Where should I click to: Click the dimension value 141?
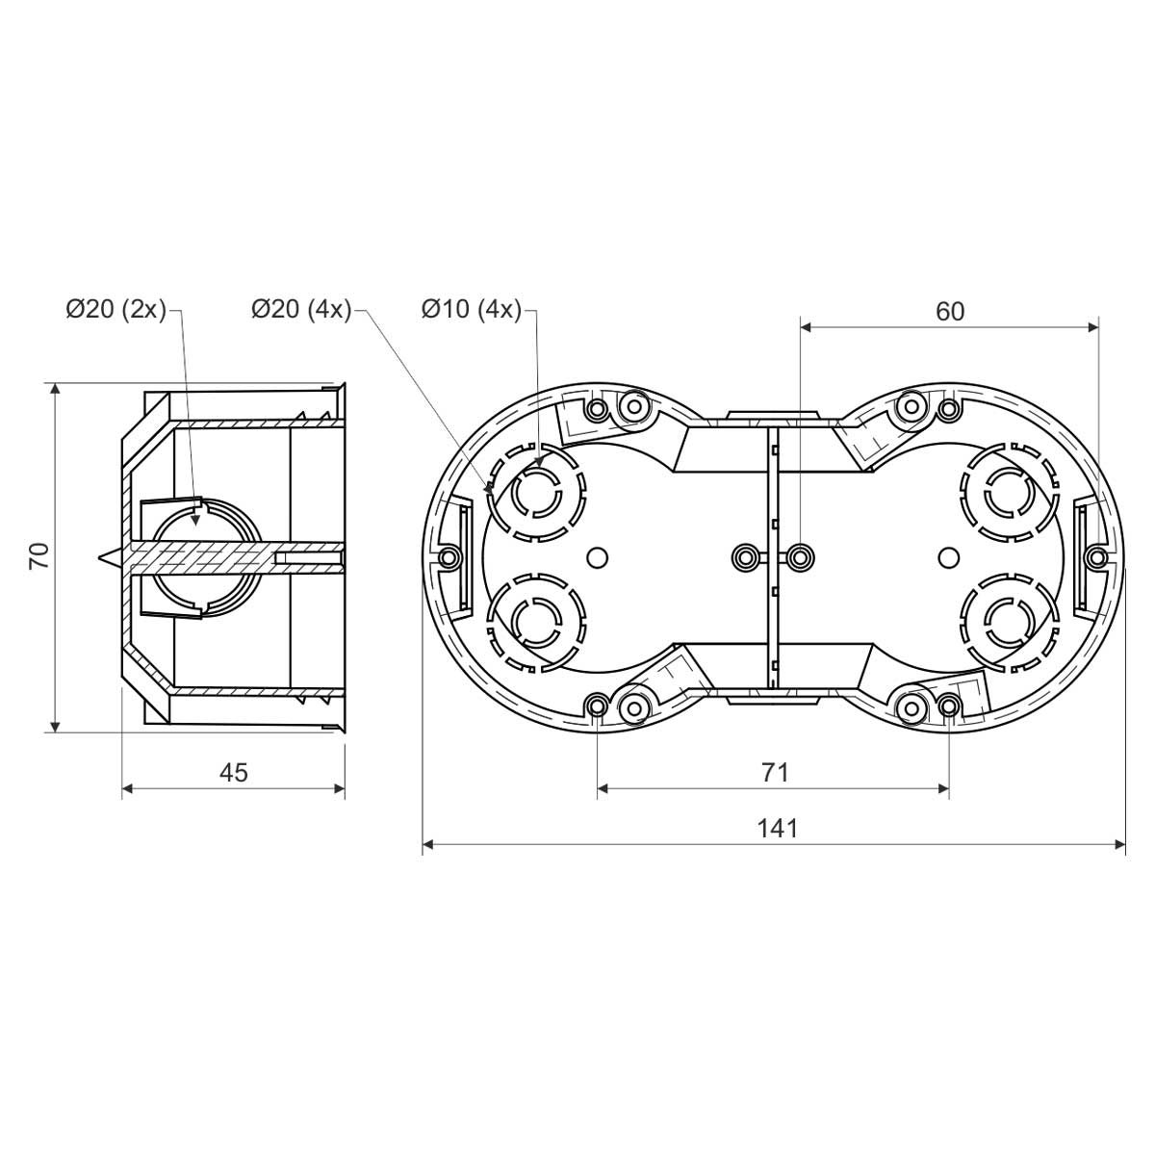pyautogui.click(x=778, y=829)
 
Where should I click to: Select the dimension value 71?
pyautogui.click(x=776, y=773)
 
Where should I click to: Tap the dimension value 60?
pyautogui.click(x=950, y=311)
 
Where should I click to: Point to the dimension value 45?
pyautogui.click(x=234, y=773)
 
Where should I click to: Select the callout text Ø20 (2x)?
pyautogui.click(x=116, y=310)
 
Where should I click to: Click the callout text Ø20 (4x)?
pyautogui.click(x=301, y=310)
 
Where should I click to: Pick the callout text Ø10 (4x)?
pyautogui.click(x=472, y=310)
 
